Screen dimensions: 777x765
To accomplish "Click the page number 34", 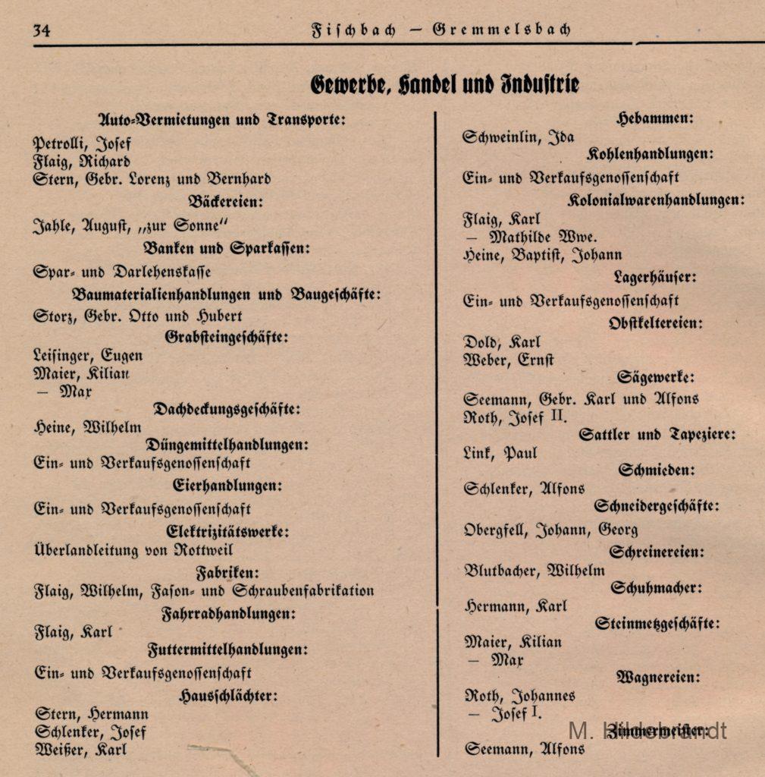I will point(41,30).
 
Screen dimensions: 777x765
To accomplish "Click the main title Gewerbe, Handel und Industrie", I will point(444,83).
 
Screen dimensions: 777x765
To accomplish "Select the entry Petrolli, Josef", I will point(82,142).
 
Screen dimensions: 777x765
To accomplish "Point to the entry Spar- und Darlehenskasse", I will point(122,271).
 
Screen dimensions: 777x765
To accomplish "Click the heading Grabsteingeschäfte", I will point(227,337).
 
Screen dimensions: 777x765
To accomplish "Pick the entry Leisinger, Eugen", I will point(88,355).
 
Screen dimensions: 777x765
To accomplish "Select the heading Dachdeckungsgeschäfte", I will point(227,409).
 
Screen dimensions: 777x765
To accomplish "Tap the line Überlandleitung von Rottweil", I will point(133,550).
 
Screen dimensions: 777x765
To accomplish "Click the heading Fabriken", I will point(227,572).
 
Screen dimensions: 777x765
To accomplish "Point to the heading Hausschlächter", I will point(227,695).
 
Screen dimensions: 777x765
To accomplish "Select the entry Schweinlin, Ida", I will point(519,137).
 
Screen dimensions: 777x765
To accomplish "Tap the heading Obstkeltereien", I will point(655,323).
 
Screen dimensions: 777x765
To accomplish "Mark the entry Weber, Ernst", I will point(509,360).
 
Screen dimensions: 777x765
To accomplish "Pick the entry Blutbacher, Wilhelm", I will point(535,571).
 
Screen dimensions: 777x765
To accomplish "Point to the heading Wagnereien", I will point(658,677).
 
